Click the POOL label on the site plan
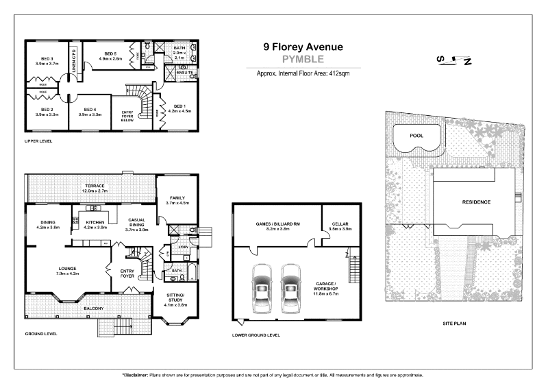click(416, 136)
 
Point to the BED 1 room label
click(178, 106)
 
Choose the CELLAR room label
click(340, 223)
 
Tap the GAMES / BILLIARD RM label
click(277, 223)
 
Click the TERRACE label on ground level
click(95, 185)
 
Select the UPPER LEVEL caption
click(38, 141)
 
